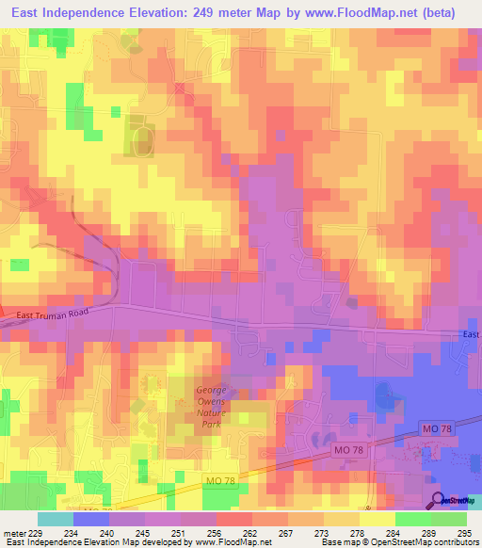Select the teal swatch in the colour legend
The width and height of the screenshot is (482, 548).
pyautogui.click(x=56, y=519)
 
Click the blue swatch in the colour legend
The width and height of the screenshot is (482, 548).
pyautogui.click(x=91, y=519)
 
